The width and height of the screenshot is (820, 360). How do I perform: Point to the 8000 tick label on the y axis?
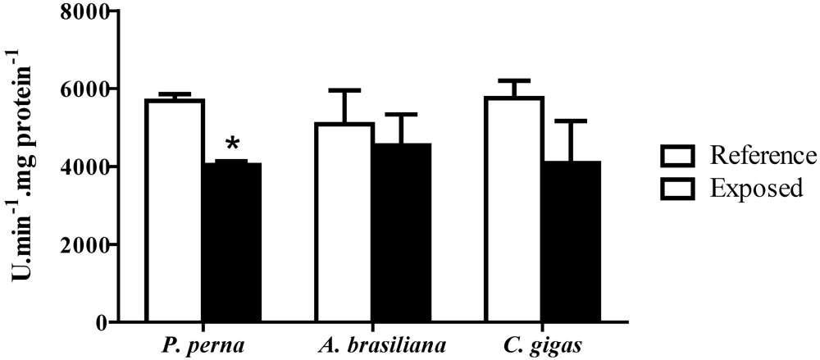click(86, 11)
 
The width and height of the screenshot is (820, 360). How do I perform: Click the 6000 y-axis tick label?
click(86, 89)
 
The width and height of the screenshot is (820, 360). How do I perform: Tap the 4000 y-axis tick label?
click(86, 166)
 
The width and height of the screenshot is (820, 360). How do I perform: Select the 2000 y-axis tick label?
click(86, 244)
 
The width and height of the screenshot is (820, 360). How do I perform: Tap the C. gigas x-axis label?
click(543, 344)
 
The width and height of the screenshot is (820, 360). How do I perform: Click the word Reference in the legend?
click(763, 155)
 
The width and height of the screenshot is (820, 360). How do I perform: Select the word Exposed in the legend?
click(756, 189)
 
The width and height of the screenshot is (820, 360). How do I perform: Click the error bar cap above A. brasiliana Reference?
click(344, 90)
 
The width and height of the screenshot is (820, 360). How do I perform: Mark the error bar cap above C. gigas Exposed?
click(572, 121)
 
